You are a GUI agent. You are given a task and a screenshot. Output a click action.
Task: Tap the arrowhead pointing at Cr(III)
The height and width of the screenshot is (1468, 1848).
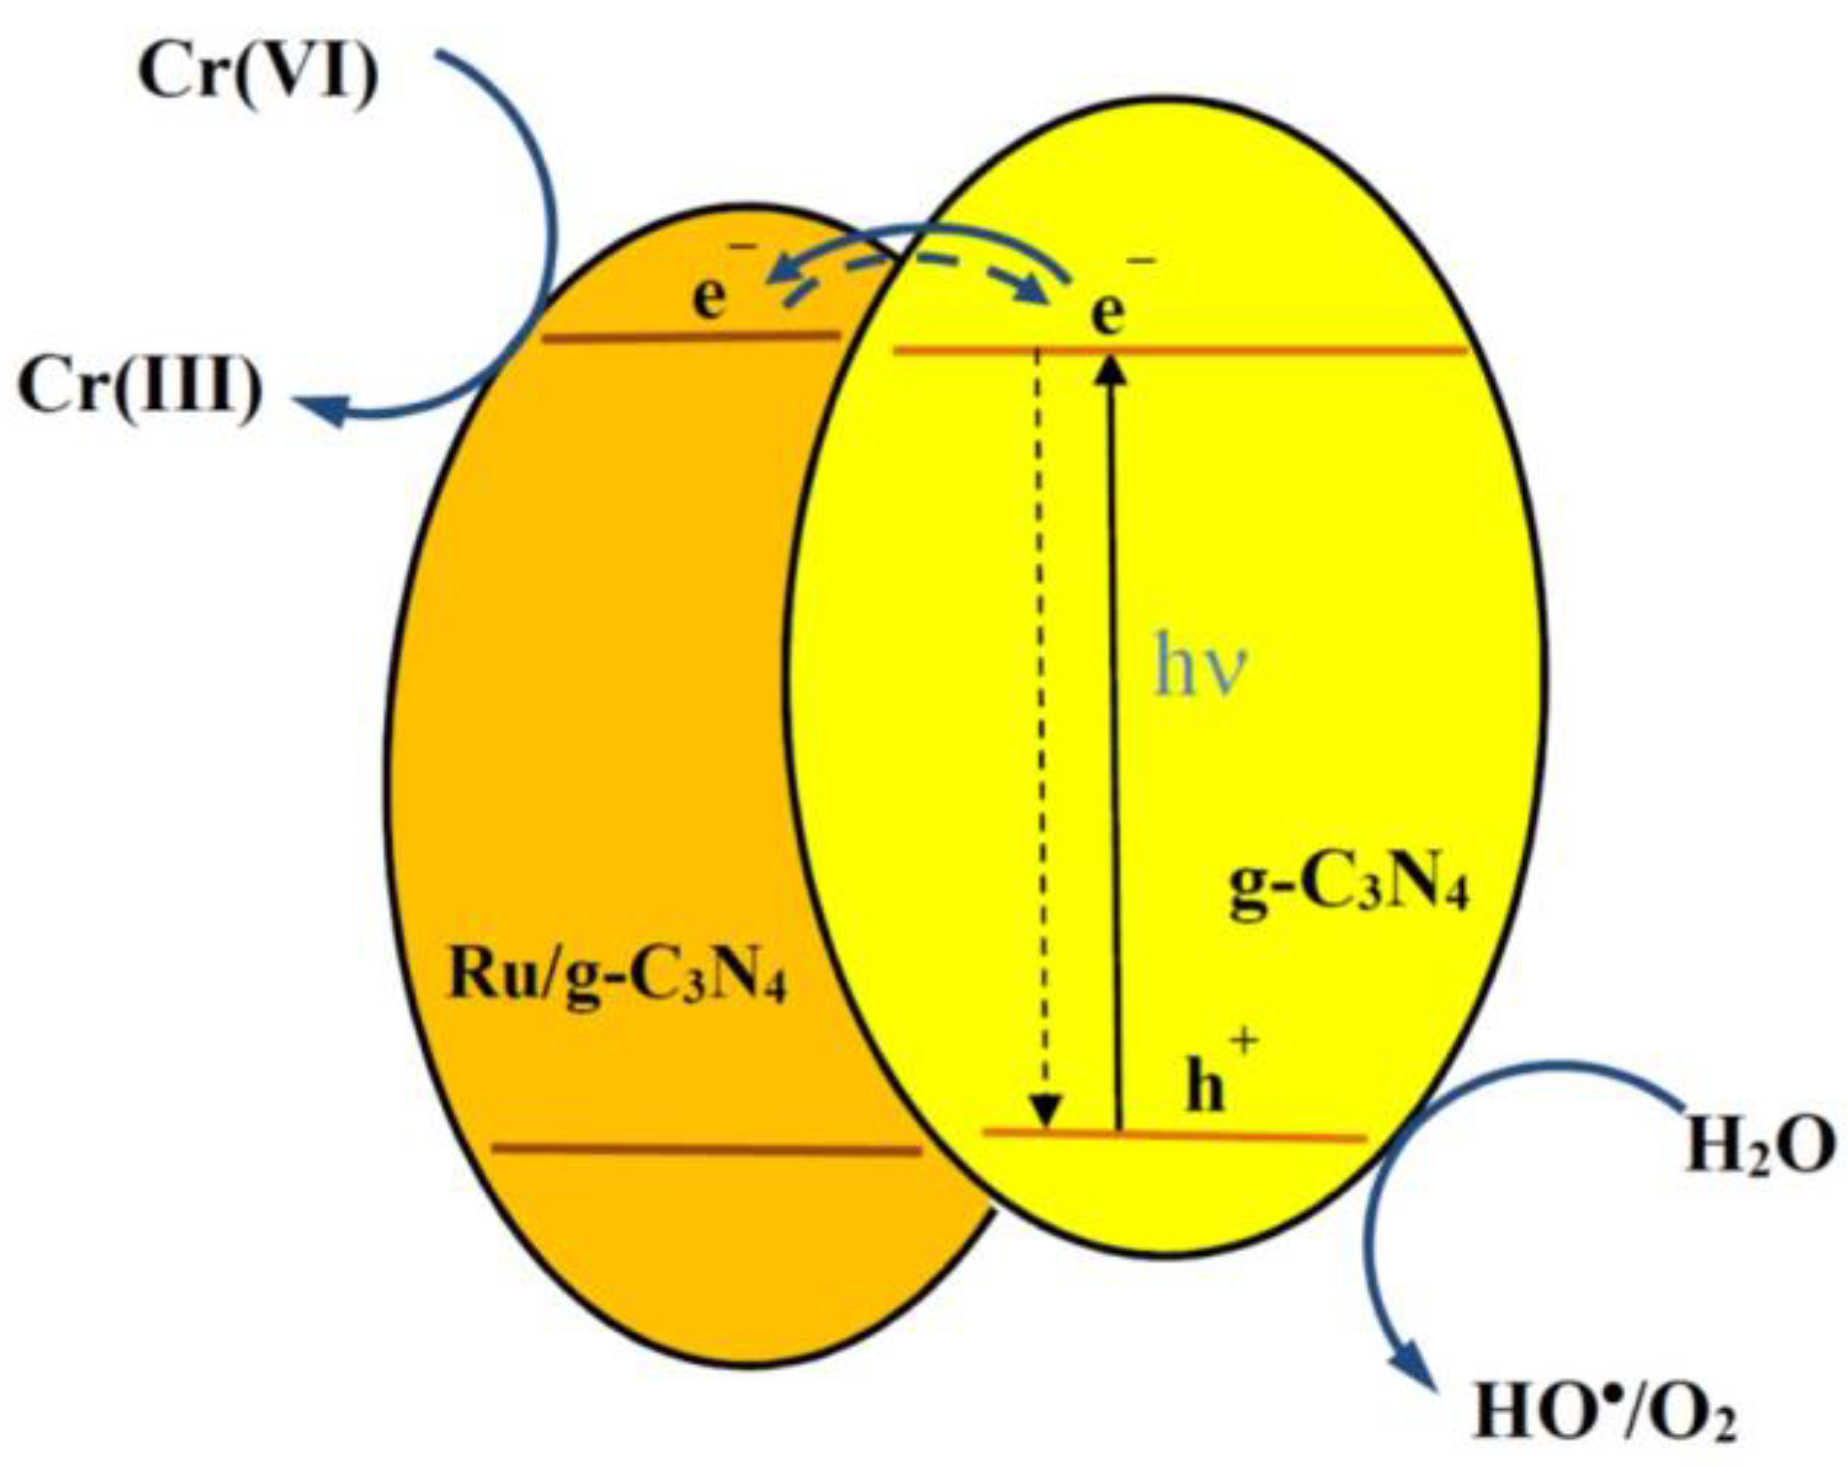pos(320,410)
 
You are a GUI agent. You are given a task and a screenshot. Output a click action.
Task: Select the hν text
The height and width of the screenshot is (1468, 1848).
pos(1199,668)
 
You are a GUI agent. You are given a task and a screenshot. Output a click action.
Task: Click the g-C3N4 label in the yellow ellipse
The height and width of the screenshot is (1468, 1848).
pos(1348,888)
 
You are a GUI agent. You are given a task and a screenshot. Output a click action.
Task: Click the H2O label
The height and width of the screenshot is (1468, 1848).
pos(1760,1147)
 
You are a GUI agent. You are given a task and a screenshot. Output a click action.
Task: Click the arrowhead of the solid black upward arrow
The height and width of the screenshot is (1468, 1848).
pos(1111,368)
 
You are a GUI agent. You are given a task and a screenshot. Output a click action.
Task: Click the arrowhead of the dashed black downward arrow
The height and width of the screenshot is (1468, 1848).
pos(1045,1110)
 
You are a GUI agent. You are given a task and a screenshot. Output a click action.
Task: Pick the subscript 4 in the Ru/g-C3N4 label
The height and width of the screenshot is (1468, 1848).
pos(773,993)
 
